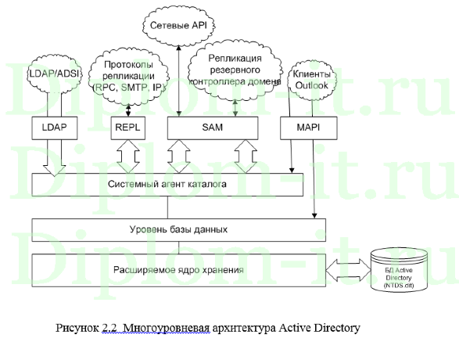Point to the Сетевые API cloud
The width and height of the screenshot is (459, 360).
[x=179, y=27]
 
